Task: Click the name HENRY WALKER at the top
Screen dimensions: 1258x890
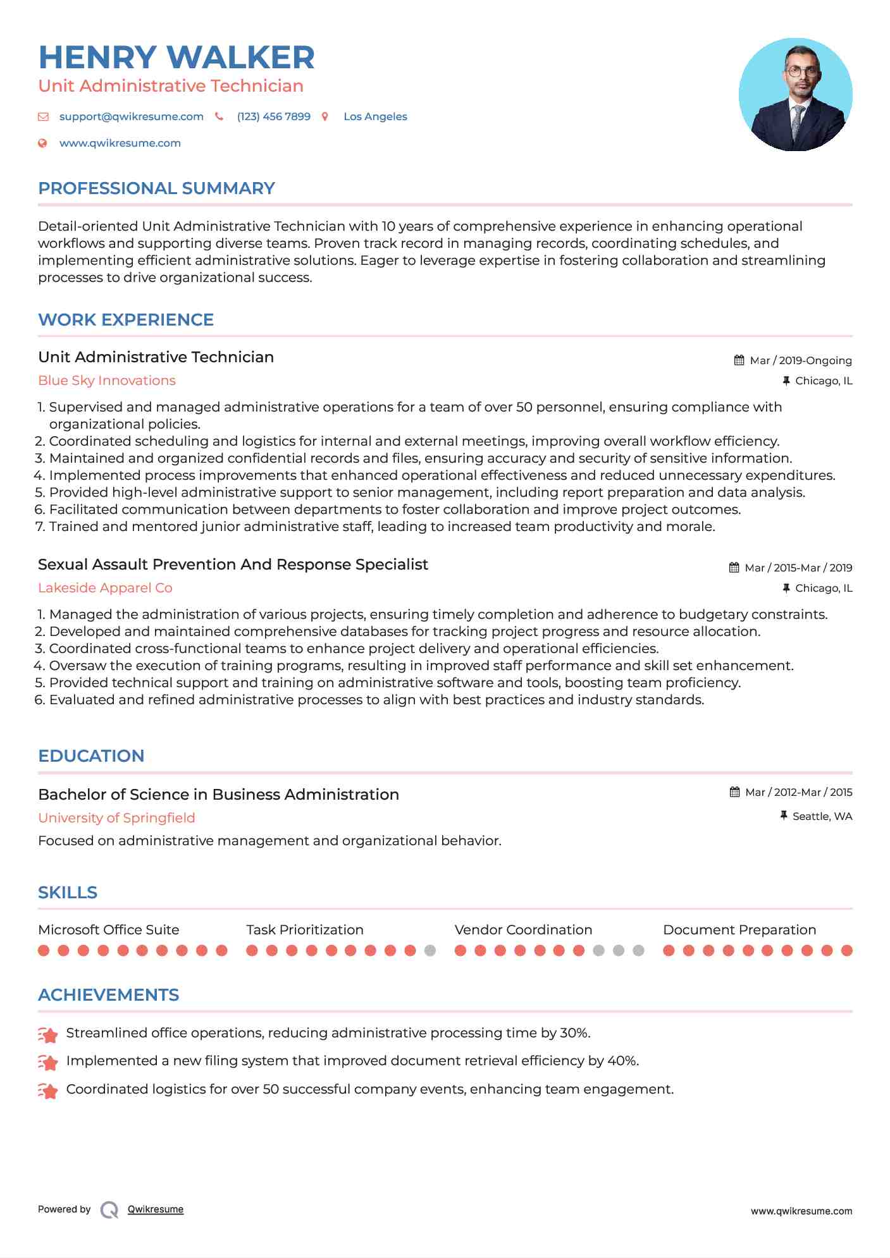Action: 176,58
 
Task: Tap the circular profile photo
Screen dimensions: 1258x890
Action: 795,95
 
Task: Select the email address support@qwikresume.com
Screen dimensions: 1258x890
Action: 131,116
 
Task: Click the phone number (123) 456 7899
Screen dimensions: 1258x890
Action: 273,116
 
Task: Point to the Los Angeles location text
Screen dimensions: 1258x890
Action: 375,116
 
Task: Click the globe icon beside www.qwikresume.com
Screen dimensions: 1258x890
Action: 42,144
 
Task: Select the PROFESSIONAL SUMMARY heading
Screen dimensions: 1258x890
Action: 156,188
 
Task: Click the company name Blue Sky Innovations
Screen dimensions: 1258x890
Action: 107,381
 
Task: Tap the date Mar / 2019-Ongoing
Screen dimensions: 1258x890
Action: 800,360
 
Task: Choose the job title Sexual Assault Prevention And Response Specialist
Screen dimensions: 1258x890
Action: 233,565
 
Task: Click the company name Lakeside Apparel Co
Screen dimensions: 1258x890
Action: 105,588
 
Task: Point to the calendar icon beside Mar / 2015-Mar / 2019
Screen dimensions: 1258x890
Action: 734,568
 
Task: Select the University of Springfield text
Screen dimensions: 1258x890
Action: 116,818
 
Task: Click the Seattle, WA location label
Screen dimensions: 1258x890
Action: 822,816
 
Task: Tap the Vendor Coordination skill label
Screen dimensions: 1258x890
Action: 523,930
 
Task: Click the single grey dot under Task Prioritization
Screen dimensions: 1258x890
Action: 430,950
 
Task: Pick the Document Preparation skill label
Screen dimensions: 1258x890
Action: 739,930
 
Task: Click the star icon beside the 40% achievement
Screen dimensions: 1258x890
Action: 48,1062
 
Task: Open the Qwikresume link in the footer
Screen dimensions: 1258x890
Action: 155,1209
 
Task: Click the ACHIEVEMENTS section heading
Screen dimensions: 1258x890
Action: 108,995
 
